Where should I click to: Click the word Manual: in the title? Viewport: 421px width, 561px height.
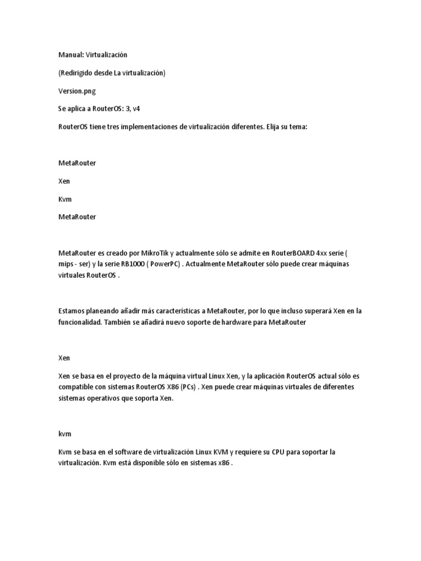71,55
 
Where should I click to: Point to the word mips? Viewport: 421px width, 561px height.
66,264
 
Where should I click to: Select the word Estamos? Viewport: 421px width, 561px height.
72,311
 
